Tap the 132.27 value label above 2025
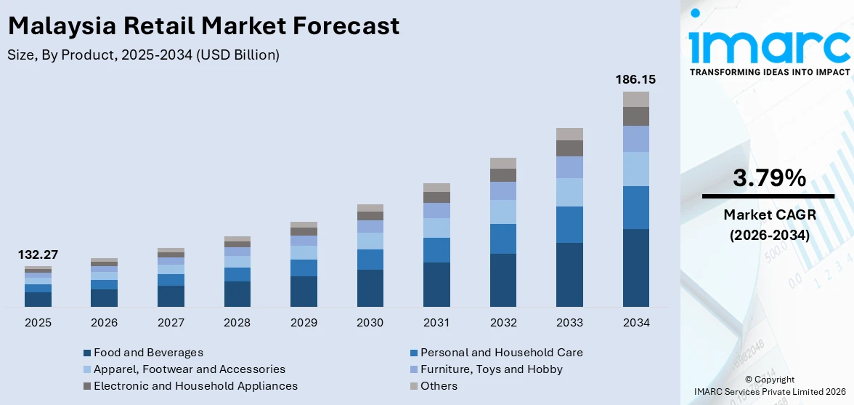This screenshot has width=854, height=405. (x=38, y=254)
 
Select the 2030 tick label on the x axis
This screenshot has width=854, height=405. (x=370, y=322)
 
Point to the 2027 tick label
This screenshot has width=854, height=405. (x=171, y=322)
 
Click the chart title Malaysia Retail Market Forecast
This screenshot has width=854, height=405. (x=203, y=26)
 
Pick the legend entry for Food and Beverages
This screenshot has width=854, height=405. (x=148, y=353)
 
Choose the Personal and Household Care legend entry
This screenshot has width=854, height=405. (x=501, y=353)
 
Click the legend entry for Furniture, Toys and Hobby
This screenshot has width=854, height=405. (x=491, y=369)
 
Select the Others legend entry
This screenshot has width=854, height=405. (x=439, y=386)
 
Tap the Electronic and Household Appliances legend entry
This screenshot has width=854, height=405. (x=195, y=386)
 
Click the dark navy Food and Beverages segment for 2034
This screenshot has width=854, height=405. (x=635, y=268)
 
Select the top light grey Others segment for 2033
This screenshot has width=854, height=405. (x=569, y=134)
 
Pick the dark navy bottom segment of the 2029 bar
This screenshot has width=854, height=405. (x=304, y=291)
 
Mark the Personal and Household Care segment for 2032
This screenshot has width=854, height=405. (x=503, y=238)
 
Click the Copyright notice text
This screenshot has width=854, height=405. (x=769, y=380)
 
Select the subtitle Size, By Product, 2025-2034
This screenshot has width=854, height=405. (x=143, y=55)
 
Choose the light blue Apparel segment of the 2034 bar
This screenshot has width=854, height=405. (x=635, y=169)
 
